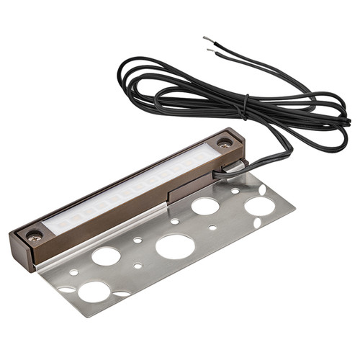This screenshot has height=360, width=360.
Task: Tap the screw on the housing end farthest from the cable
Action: click(x=33, y=234)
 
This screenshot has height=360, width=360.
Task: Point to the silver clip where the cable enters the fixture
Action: click(x=231, y=168)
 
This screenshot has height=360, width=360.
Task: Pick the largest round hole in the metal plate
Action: click(x=175, y=246)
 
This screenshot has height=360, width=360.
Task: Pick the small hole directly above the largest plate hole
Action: click(x=174, y=221)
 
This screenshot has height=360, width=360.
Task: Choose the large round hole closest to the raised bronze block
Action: click(x=205, y=206)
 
